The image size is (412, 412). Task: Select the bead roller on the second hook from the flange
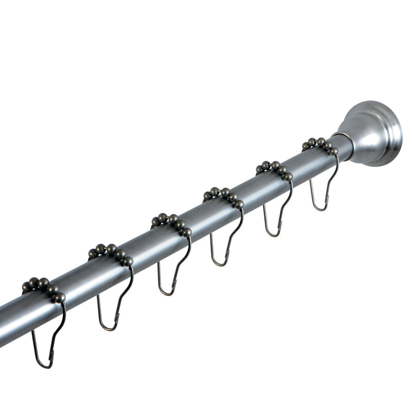274,169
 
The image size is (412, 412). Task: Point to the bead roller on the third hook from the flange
224,195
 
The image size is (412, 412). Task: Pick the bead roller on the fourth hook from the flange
171,222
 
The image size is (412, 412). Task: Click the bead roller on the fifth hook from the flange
111,252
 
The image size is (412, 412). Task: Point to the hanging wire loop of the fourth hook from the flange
171,277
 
